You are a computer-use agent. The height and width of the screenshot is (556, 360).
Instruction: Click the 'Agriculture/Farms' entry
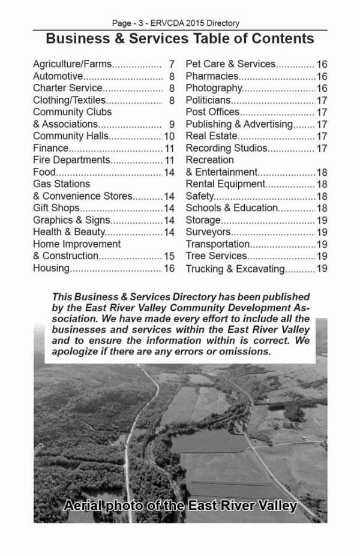pos(73,64)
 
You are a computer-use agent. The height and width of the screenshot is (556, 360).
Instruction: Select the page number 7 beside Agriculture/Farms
pos(172,64)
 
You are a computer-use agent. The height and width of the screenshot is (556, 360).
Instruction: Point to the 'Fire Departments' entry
pos(71,160)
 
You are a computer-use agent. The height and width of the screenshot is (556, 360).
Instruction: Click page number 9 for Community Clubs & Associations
pos(172,124)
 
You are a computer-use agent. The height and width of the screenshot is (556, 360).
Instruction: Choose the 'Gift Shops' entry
pos(56,208)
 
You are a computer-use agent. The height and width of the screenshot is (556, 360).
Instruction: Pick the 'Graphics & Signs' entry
pos(67,220)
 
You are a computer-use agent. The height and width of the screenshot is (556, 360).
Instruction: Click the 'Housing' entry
pos(51,268)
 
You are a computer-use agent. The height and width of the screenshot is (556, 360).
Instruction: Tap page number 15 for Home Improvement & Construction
pos(169,256)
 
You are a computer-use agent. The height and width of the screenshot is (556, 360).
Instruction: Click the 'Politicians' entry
pos(208,100)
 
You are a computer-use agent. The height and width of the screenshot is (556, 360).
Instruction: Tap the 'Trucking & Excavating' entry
pos(235,269)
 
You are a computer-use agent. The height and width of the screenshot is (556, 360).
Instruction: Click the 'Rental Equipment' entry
pos(225,184)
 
